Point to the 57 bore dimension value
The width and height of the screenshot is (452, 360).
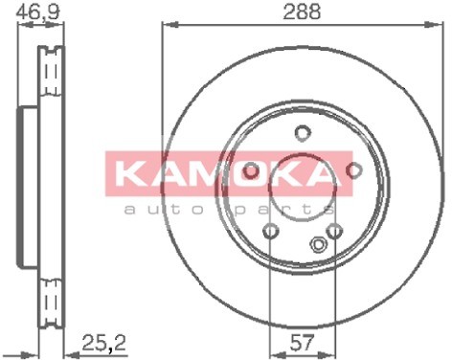pyautogui.click(x=301, y=341)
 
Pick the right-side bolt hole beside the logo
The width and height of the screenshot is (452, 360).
pyautogui.click(x=353, y=170)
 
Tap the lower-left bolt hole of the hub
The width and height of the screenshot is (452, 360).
pyautogui.click(x=271, y=231)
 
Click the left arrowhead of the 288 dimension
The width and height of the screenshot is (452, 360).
pyautogui.click(x=164, y=25)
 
